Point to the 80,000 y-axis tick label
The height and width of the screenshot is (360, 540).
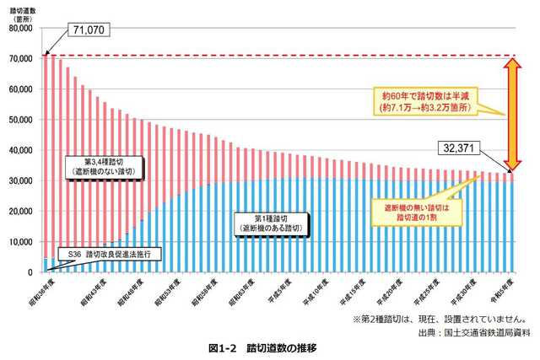click(x=19, y=28)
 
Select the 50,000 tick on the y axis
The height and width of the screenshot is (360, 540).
click(x=19, y=120)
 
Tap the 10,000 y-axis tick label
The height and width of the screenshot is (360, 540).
click(x=19, y=242)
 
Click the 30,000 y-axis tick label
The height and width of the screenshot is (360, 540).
click(x=19, y=180)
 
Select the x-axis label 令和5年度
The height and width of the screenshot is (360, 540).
click(x=505, y=290)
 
